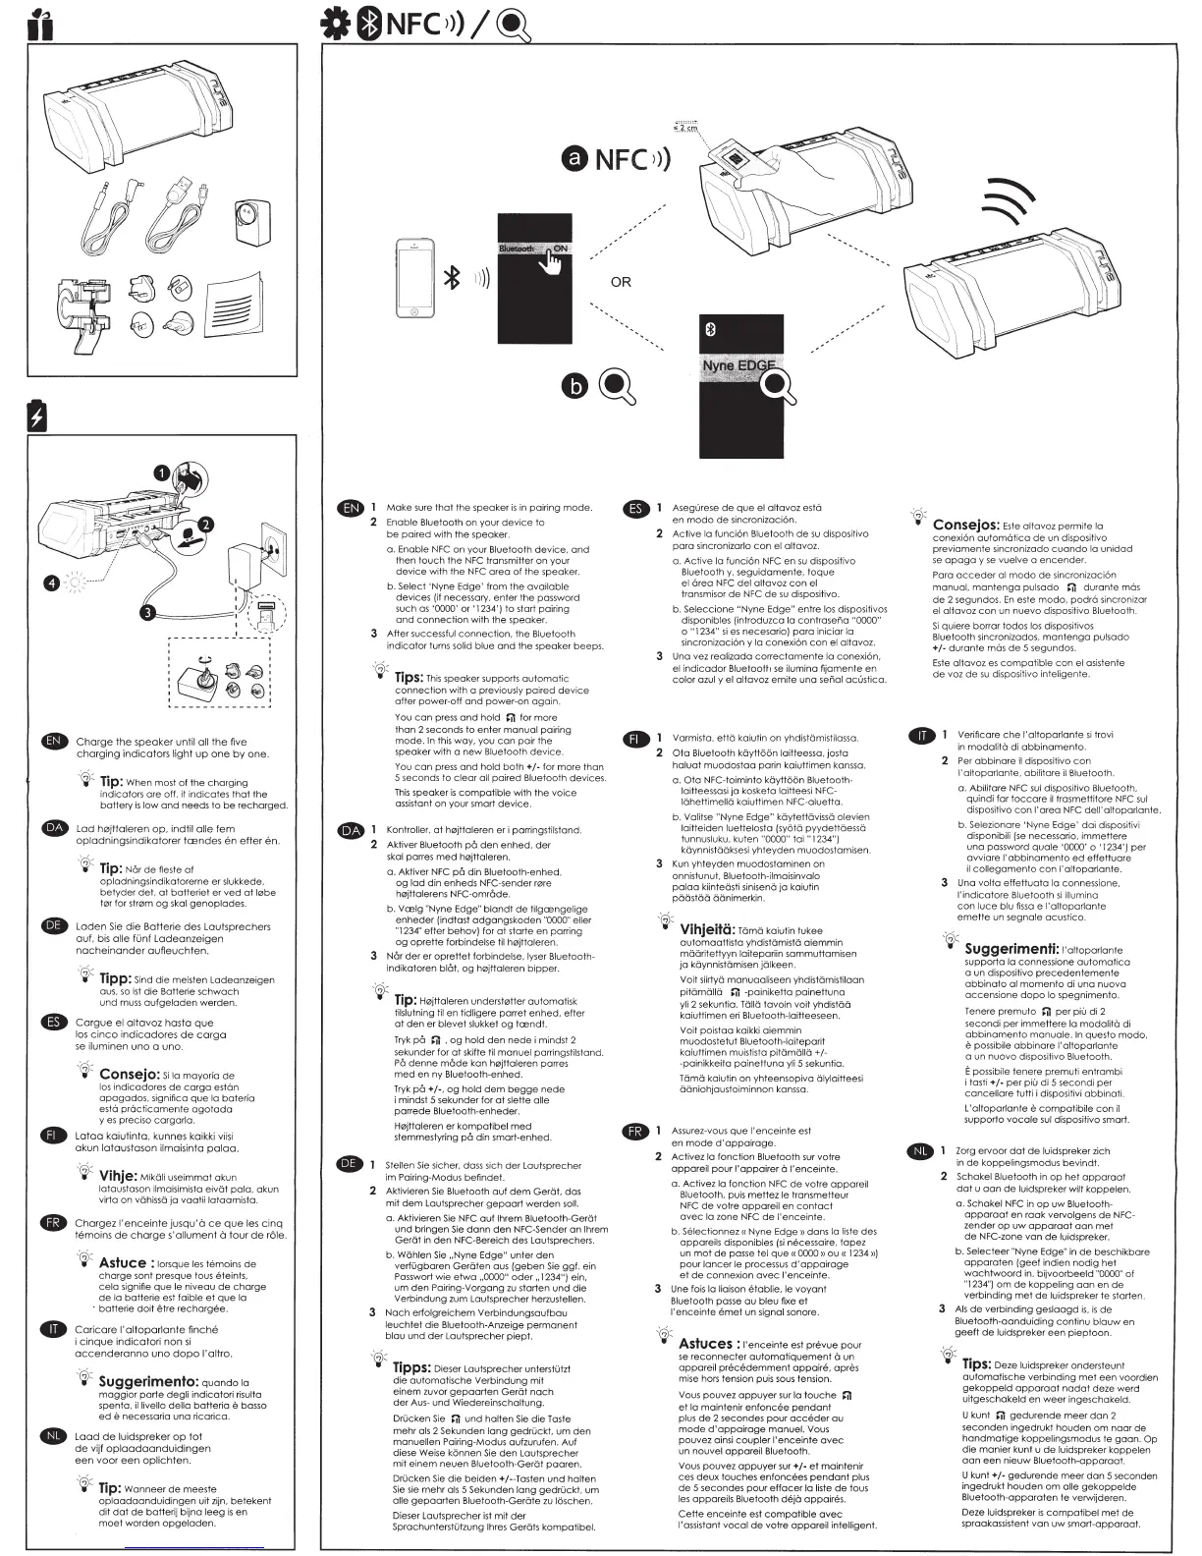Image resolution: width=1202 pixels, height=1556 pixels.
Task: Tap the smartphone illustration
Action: [414, 278]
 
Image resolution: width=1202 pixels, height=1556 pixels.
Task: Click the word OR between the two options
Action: [621, 282]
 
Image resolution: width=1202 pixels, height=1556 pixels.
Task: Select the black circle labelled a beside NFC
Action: [574, 158]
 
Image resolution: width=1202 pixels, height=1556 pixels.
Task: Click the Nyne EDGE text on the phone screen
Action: [738, 366]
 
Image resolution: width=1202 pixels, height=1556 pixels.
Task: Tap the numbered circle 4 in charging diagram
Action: [51, 584]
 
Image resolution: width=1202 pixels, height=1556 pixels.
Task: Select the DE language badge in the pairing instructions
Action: [349, 1163]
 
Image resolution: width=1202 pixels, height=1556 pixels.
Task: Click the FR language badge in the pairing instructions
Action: [635, 1131]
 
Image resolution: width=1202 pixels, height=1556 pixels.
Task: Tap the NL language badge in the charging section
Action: [54, 1435]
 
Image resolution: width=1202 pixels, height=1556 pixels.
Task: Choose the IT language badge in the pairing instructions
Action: [922, 735]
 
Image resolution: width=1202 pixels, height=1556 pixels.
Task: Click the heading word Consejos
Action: [965, 525]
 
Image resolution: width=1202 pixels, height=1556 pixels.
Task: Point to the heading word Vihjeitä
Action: [707, 929]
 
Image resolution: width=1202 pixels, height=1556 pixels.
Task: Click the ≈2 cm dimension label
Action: [684, 129]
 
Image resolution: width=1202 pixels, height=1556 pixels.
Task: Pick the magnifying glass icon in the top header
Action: [513, 24]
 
